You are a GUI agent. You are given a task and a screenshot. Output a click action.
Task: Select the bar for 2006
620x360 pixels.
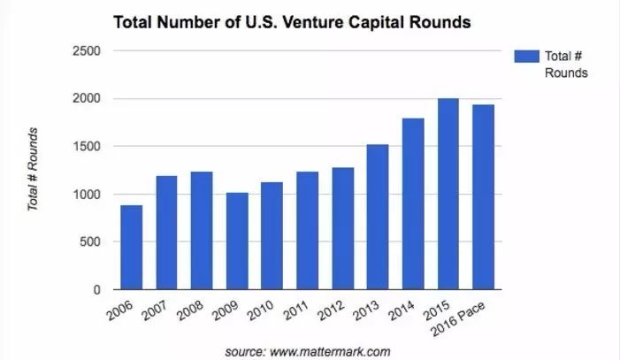[132, 248]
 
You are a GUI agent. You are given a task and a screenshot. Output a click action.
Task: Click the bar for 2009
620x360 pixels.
[237, 241]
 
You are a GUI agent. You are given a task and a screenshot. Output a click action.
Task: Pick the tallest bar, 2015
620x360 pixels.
[449, 194]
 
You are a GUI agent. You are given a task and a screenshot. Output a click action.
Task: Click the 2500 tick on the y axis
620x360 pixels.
[87, 51]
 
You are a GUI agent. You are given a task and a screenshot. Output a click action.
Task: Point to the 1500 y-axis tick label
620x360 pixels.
[87, 147]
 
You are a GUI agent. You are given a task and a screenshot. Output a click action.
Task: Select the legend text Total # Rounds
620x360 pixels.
[566, 65]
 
